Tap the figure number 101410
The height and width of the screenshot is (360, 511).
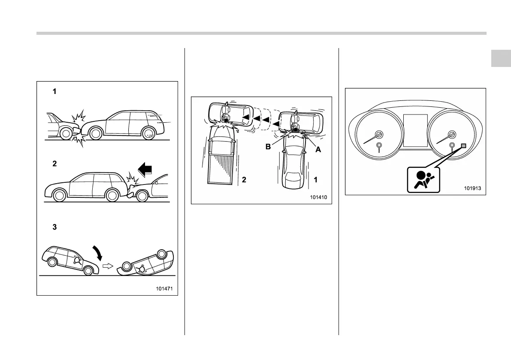(318, 197)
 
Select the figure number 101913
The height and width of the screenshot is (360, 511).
(473, 188)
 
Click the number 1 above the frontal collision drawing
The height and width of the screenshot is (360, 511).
(54, 91)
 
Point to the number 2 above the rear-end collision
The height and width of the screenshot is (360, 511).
(54, 164)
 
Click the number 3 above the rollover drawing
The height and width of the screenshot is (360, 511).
(54, 227)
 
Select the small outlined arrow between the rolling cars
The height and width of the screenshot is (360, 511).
(109, 266)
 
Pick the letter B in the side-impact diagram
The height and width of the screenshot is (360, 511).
(267, 146)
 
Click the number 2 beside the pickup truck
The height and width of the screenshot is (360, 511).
(244, 181)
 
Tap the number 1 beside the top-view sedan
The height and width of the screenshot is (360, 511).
(315, 181)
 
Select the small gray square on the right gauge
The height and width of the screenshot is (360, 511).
(463, 146)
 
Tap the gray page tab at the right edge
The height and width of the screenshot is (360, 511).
(501, 58)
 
